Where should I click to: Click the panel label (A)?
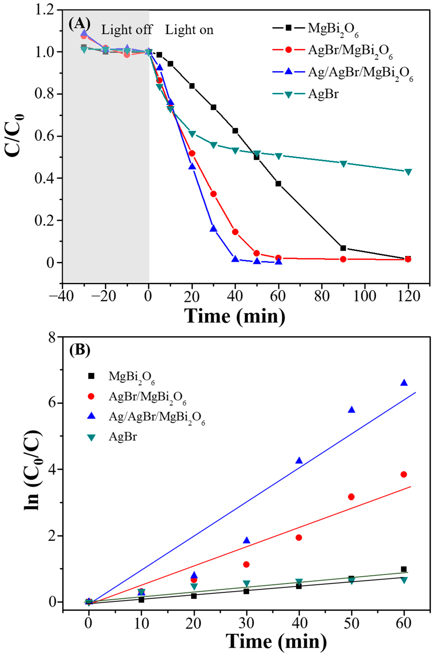79,24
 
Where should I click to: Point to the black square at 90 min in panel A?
343,248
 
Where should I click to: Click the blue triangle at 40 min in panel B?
299,460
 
